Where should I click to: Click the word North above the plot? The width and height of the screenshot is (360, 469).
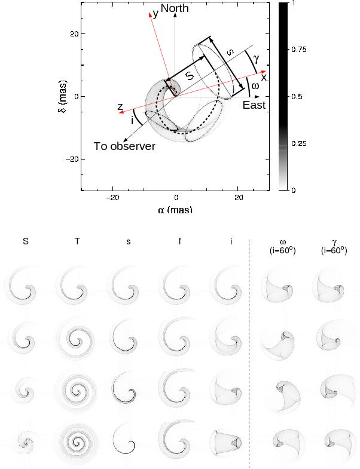(x=175, y=8)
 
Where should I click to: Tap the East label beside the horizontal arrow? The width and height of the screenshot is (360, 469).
(x=254, y=105)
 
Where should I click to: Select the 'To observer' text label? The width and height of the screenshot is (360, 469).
(x=124, y=146)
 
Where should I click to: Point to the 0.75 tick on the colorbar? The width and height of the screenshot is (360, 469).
(x=299, y=50)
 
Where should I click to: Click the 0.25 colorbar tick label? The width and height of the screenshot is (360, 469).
(x=299, y=143)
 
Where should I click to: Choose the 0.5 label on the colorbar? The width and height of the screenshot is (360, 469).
(x=297, y=97)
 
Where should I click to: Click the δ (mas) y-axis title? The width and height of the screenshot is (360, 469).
(x=63, y=96)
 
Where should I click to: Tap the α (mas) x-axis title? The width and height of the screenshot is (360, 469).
(x=175, y=210)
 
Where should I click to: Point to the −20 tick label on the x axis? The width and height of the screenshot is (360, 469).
(x=112, y=198)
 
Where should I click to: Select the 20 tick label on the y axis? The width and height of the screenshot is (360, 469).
(x=74, y=34)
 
